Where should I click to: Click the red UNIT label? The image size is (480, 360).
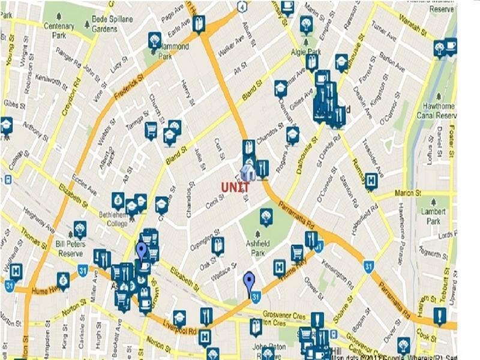[x=236, y=187]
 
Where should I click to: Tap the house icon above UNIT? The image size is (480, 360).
[x=247, y=172]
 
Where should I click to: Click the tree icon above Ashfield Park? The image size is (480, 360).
[x=266, y=215]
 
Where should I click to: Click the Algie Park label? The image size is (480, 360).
[x=306, y=52]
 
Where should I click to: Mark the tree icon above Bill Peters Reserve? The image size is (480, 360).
[x=80, y=229]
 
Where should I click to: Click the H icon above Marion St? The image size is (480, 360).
[x=371, y=179]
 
